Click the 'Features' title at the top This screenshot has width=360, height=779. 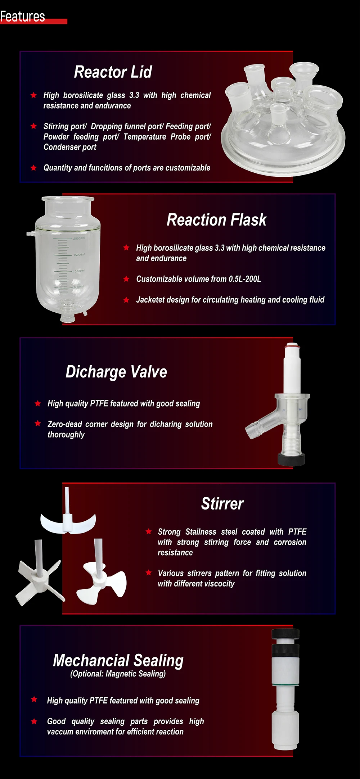point(22,17)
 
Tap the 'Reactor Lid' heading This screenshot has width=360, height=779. point(113,72)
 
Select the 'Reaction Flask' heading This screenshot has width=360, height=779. point(217,219)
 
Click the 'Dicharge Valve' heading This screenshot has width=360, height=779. point(116,372)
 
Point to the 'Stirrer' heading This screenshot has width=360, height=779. point(222,503)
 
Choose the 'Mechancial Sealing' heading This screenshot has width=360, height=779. point(118,661)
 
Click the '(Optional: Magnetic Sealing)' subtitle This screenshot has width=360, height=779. point(118,674)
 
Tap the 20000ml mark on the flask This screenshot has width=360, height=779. point(79,238)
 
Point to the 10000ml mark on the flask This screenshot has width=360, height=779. point(79,271)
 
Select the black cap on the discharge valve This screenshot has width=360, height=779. point(291,459)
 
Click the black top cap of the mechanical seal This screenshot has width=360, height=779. point(285,634)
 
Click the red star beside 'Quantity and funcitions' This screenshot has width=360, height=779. point(34,168)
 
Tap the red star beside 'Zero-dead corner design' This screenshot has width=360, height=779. point(38,423)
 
